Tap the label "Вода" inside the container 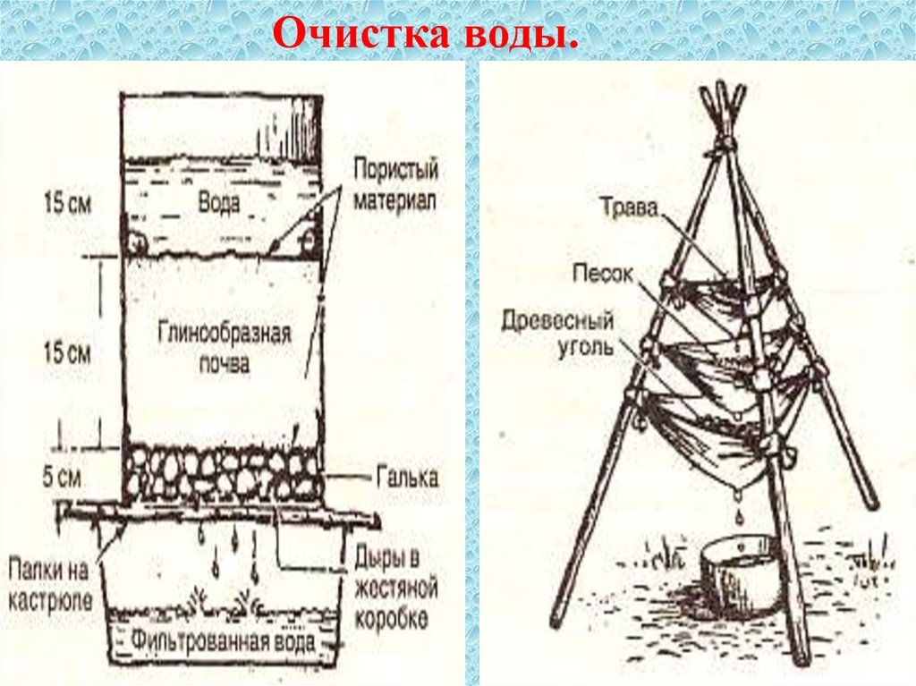tap(218, 203)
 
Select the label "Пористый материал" tap(394, 183)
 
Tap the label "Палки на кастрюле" tap(50, 584)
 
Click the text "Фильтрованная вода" tap(223, 641)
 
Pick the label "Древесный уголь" tap(558, 333)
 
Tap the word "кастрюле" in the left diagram tap(50, 600)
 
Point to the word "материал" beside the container tap(394, 199)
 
